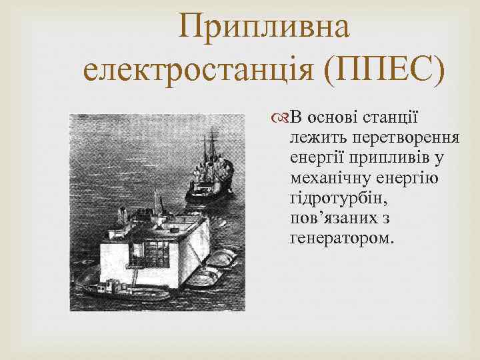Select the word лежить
pos(317,137)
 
